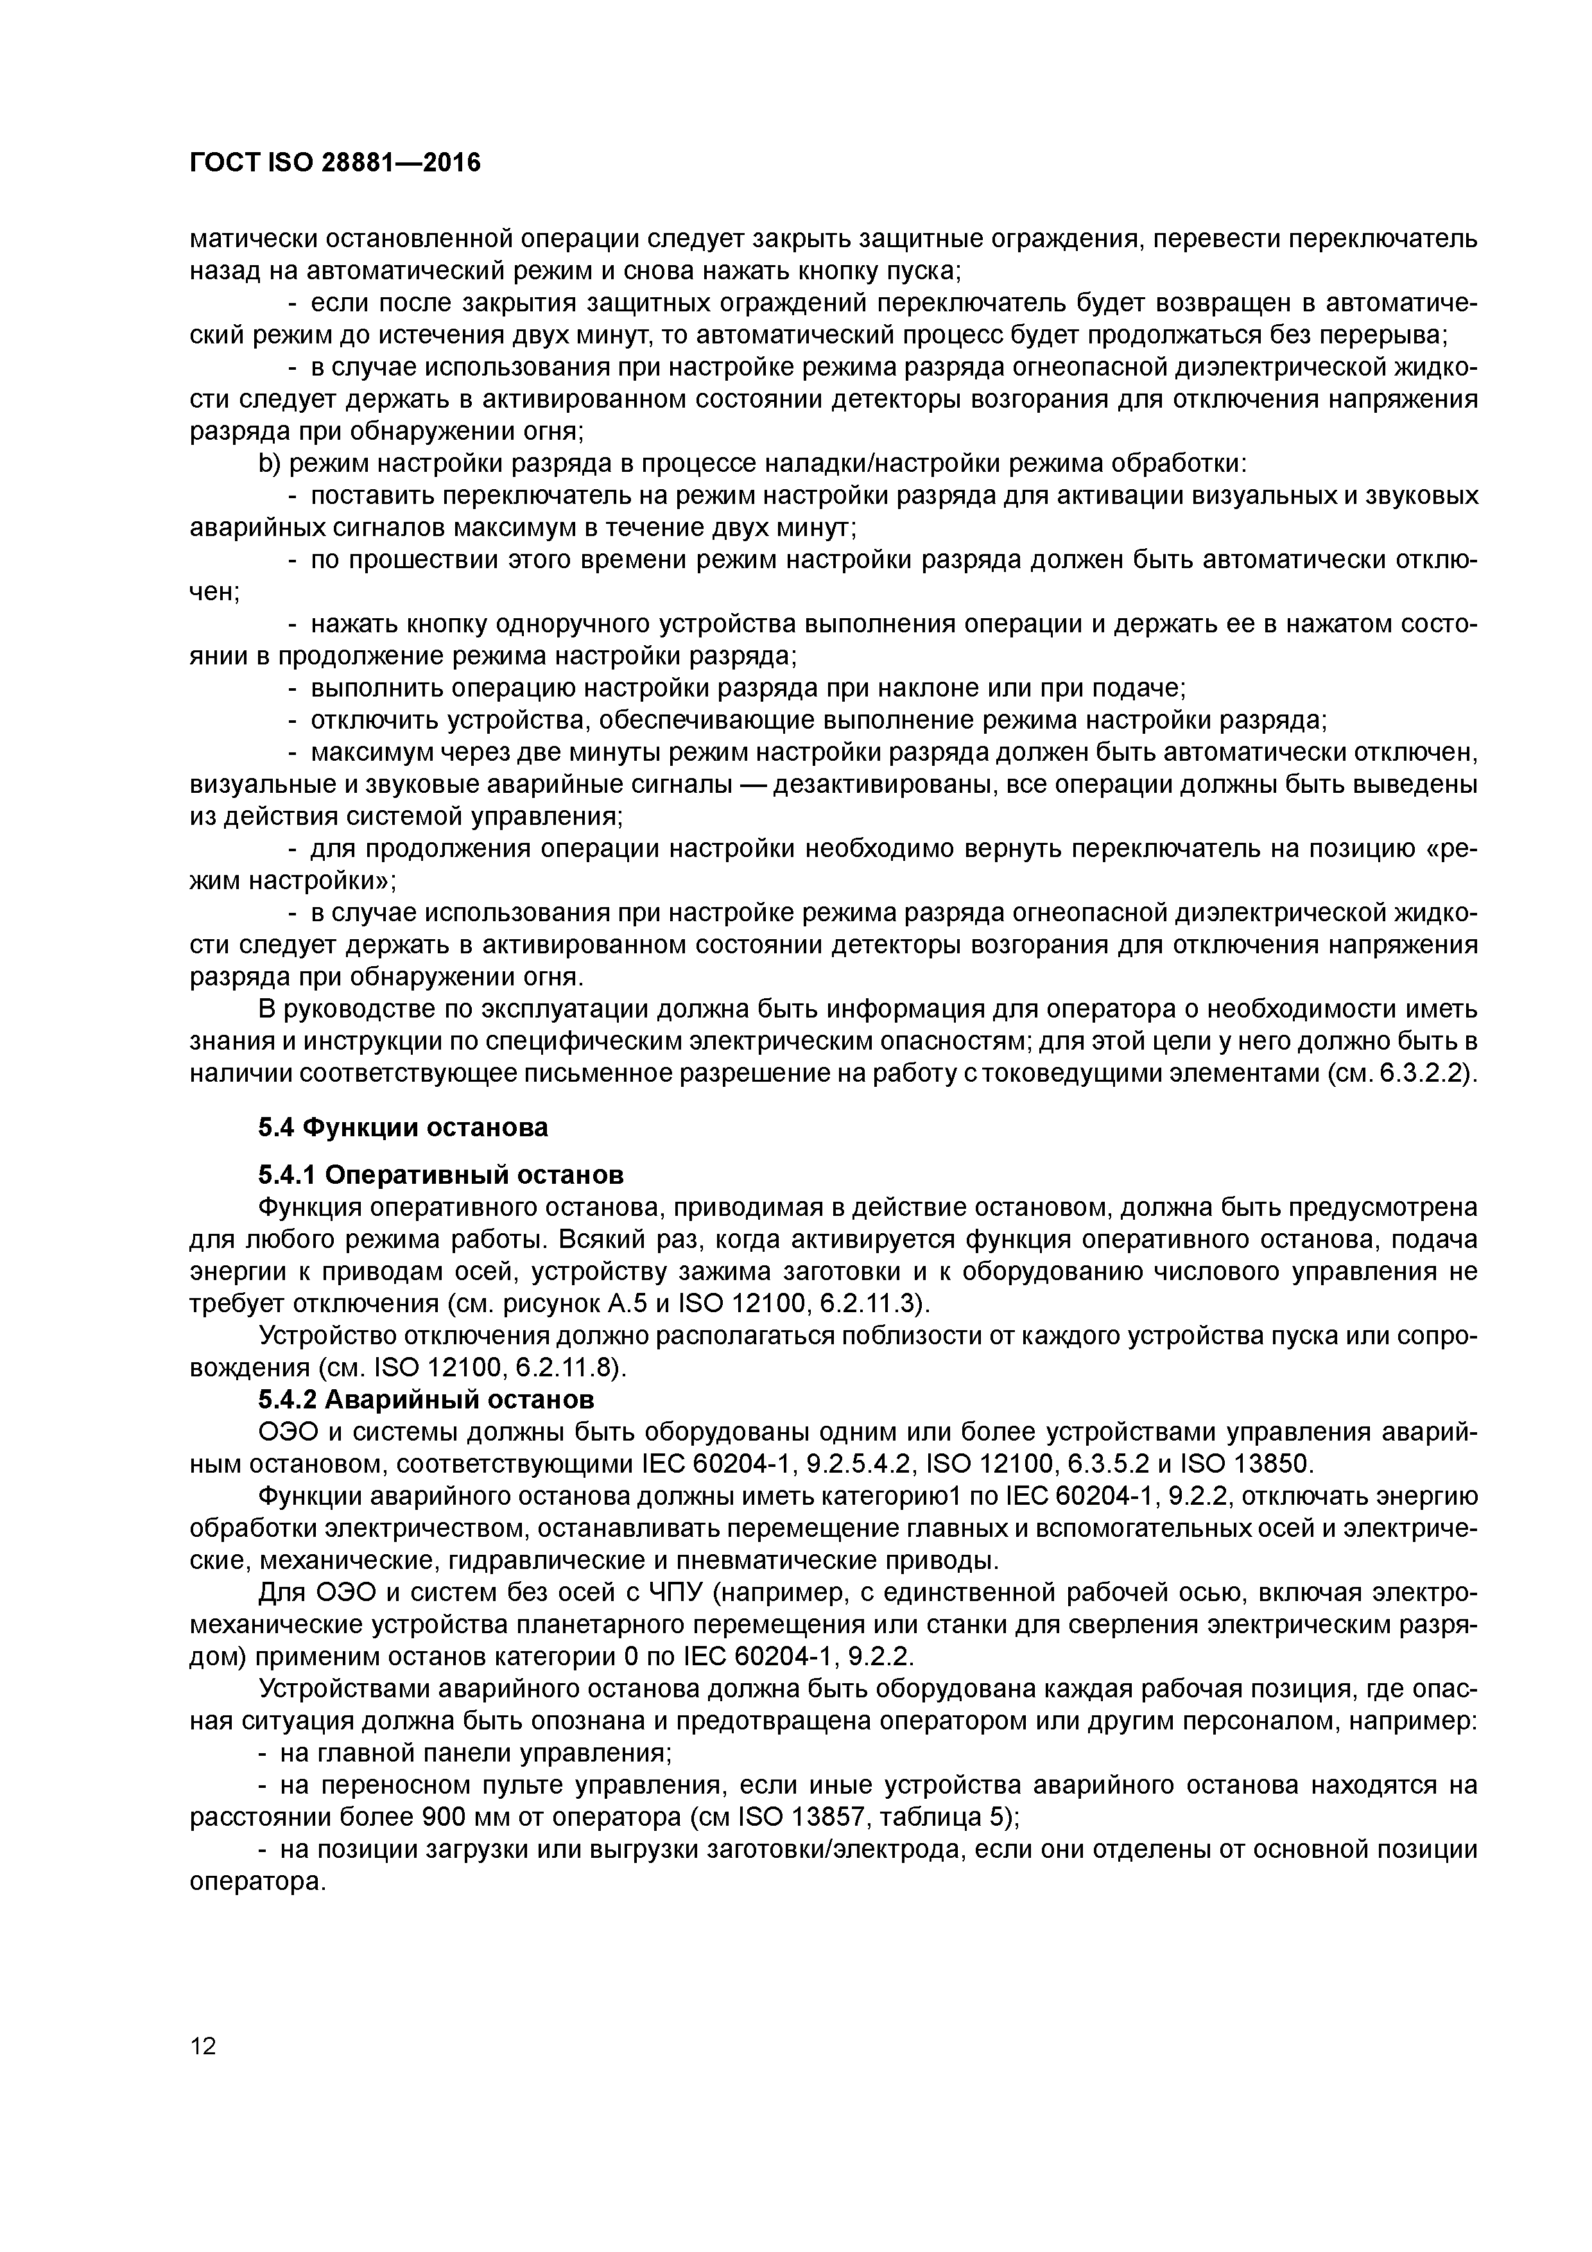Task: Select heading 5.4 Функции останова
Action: pos(403,1127)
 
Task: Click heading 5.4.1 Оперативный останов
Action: pos(440,1174)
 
